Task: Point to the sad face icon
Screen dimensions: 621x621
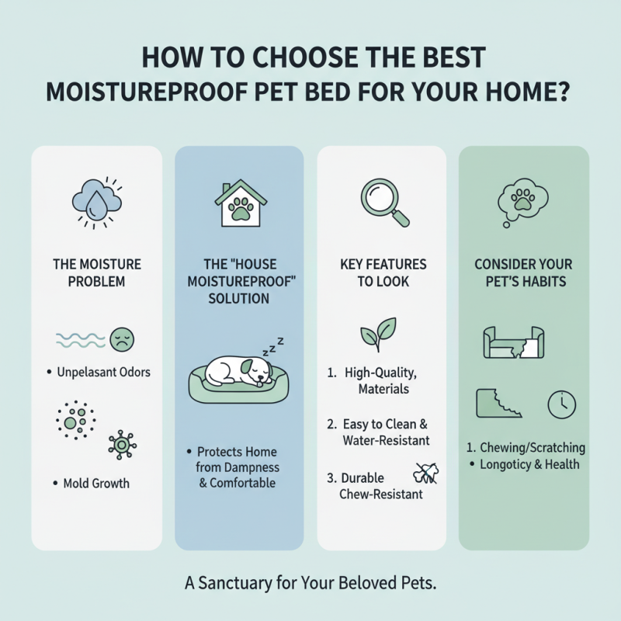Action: [123, 338]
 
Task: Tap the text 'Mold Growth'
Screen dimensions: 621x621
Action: [96, 484]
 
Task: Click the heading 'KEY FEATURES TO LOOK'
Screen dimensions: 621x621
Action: [381, 273]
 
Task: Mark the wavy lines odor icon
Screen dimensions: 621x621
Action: [80, 338]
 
